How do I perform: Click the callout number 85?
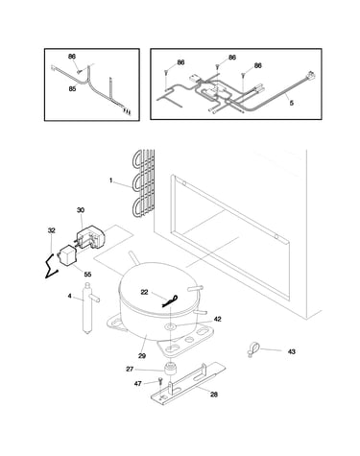coord(73,88)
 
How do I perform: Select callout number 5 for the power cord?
coord(292,103)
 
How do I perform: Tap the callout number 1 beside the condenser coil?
coord(111,180)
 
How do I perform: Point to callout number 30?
coord(81,210)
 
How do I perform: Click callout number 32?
coord(52,230)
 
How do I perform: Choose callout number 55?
coord(87,275)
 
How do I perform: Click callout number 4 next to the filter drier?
coord(70,296)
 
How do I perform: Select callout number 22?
coord(145,292)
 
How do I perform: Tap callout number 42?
coord(218,319)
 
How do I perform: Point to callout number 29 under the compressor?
coord(142,355)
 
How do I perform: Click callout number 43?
coord(292,351)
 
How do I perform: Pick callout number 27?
coord(130,370)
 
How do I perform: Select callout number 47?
coord(138,383)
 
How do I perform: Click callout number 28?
coord(214,395)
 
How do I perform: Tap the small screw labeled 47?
coord(160,382)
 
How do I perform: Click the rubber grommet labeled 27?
coord(170,369)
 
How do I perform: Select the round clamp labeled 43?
coord(253,348)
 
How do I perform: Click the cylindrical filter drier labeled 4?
coord(87,308)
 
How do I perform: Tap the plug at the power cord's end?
coord(311,76)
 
